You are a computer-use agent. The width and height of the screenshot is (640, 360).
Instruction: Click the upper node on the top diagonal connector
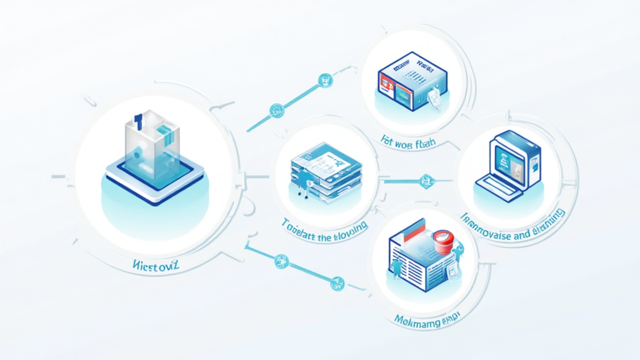(x=325, y=80)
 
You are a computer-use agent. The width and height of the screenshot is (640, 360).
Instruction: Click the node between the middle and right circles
(x=427, y=182)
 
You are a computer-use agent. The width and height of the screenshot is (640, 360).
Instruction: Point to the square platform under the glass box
(x=152, y=180)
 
